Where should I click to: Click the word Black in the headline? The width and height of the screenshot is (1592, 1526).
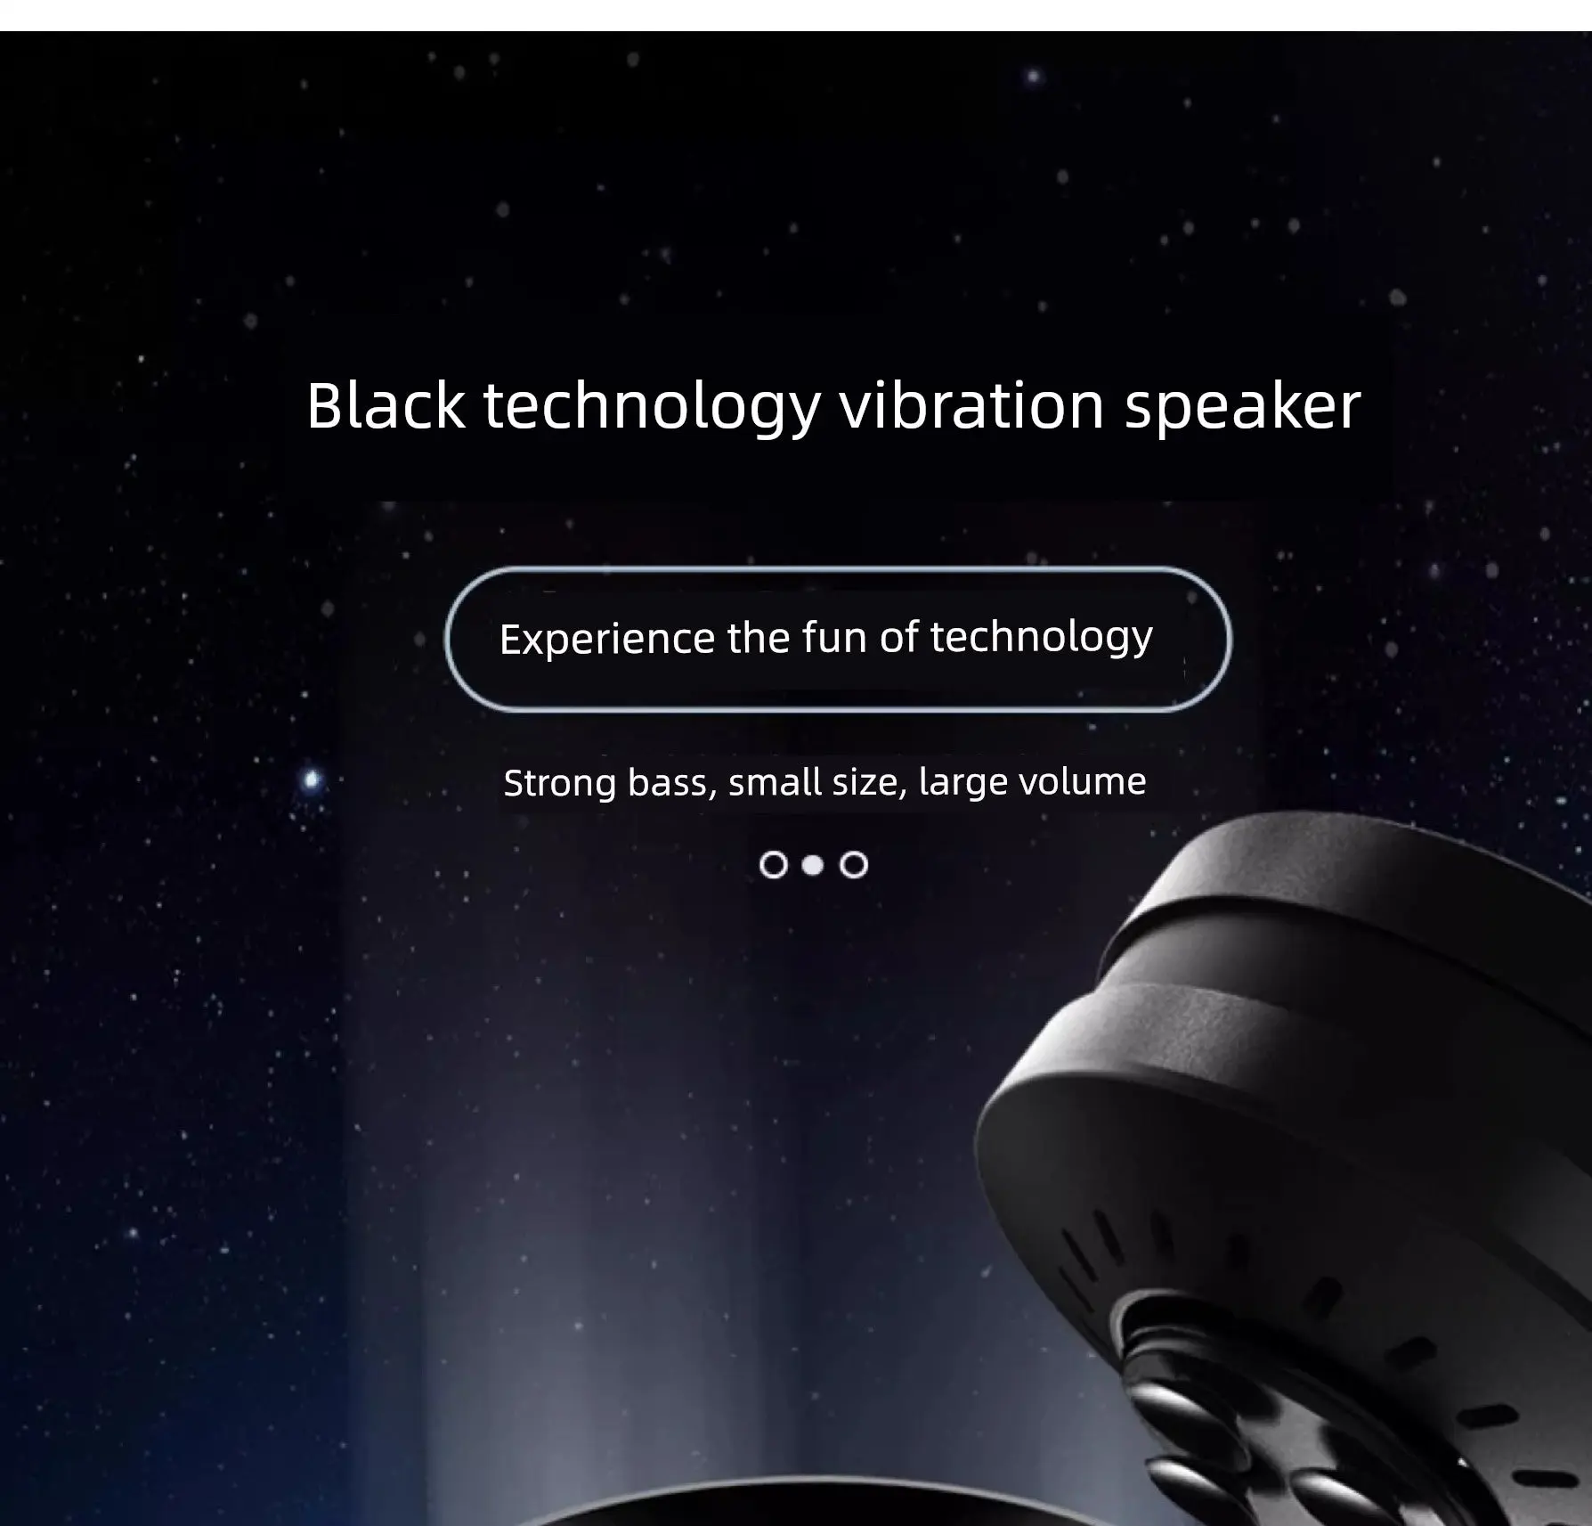click(386, 406)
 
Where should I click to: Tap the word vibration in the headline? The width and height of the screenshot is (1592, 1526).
click(972, 406)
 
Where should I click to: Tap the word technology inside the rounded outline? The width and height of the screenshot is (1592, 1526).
click(1042, 639)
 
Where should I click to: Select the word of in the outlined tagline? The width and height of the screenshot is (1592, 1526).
click(898, 637)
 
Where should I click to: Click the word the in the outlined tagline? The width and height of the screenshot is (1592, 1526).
click(758, 638)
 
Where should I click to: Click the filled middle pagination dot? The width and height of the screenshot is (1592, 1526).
click(813, 865)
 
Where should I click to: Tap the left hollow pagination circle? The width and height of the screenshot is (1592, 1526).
click(774, 865)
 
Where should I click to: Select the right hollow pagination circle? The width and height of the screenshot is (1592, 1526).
click(854, 865)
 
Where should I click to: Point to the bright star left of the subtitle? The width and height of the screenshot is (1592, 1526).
click(312, 780)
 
